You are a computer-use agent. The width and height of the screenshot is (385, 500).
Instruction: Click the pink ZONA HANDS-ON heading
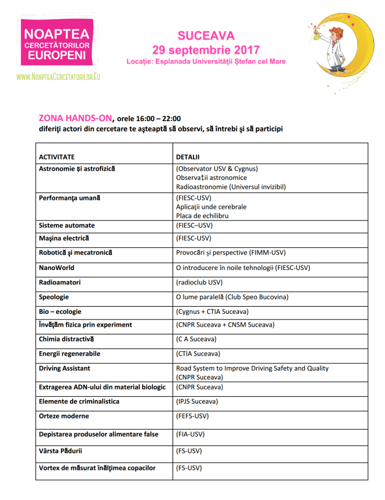[x=75, y=118]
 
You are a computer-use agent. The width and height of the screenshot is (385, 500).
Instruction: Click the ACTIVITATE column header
[x=57, y=157]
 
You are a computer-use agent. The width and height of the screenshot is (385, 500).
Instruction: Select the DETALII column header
[x=188, y=157]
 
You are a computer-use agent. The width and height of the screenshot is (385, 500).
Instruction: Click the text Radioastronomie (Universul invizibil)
[x=231, y=187]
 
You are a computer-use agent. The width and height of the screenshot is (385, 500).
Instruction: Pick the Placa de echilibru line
[x=202, y=216]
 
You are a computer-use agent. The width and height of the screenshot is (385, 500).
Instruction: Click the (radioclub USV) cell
[x=199, y=282]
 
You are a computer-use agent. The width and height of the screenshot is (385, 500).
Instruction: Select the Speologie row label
[x=54, y=297]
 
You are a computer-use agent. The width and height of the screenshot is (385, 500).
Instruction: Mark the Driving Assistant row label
[x=64, y=368]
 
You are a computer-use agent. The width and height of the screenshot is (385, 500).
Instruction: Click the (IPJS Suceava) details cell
[x=197, y=402]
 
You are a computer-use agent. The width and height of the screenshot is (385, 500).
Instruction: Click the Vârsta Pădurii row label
[x=61, y=451]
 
